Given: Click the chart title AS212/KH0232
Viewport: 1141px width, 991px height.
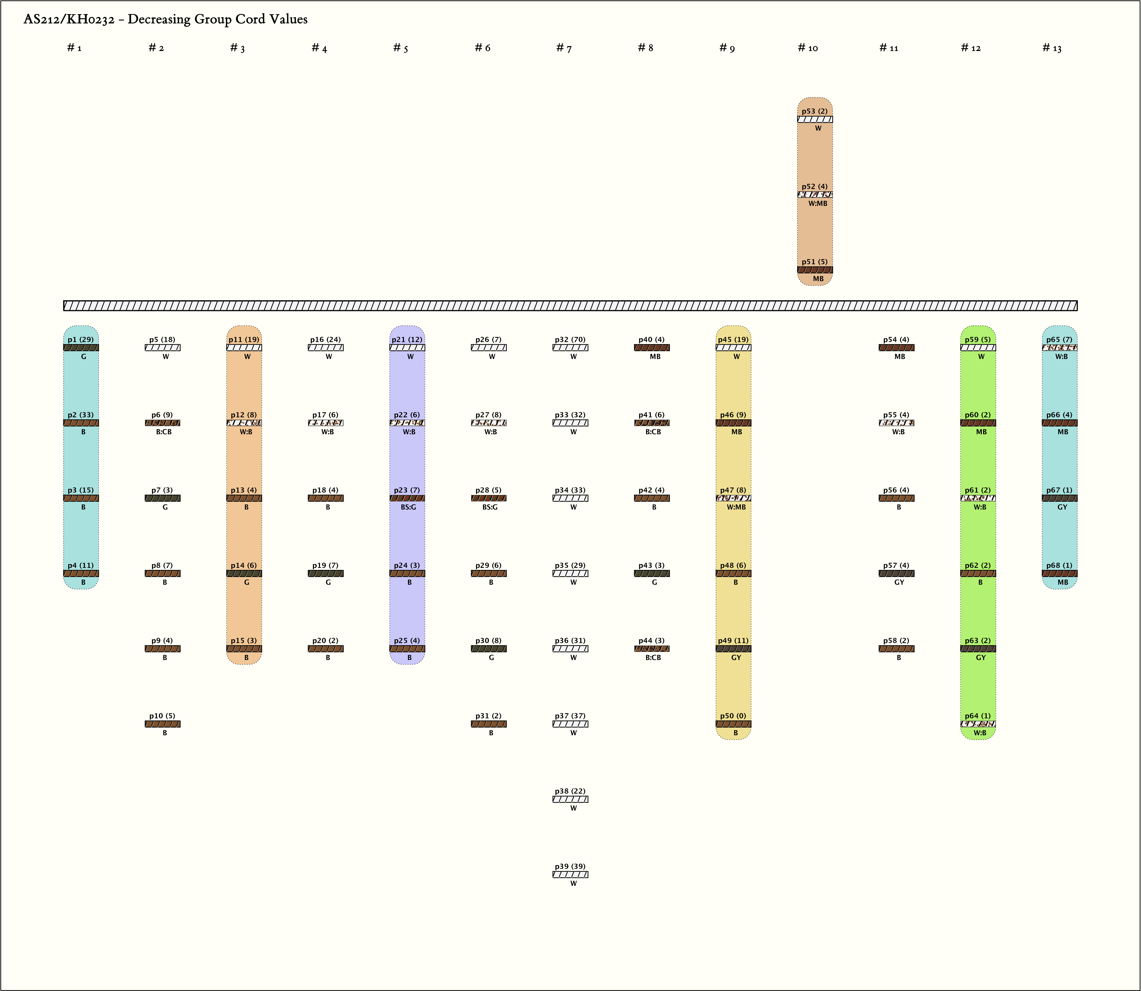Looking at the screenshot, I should click(x=165, y=19).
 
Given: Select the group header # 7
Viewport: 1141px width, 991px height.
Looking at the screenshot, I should click(x=564, y=48).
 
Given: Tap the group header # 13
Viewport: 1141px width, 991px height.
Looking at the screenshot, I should click(x=1052, y=48).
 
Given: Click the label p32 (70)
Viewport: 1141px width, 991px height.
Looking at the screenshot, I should click(x=570, y=339).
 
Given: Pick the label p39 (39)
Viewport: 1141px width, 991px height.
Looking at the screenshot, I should click(x=570, y=866).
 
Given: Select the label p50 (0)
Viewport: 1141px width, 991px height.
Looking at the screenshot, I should click(x=733, y=716).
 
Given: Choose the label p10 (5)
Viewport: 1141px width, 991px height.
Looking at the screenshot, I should click(x=162, y=716).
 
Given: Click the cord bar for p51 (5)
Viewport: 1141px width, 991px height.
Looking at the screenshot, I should click(x=815, y=270).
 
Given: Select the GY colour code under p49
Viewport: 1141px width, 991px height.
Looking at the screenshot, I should click(x=736, y=658).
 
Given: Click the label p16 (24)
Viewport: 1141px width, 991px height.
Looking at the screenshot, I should click(x=325, y=339).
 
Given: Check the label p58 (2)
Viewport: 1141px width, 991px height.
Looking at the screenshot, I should click(x=896, y=640).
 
